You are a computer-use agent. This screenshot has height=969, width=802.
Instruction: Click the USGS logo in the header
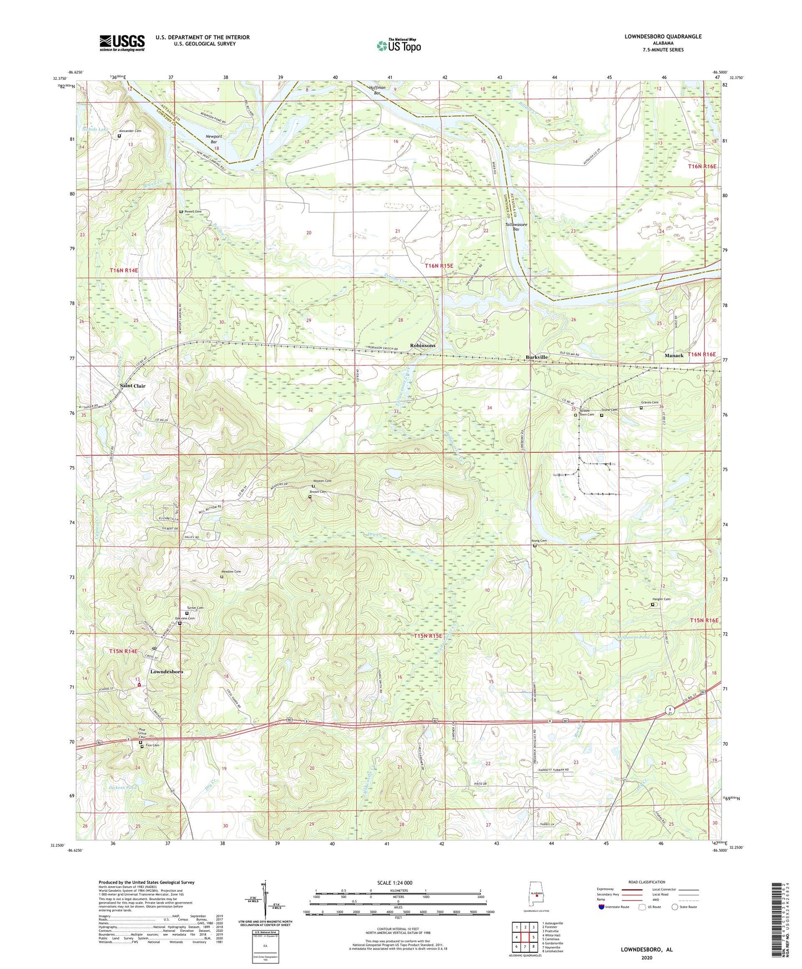(122, 43)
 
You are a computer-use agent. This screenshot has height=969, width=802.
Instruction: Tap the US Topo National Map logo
(399, 46)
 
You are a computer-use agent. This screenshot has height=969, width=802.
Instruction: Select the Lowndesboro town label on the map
(167, 672)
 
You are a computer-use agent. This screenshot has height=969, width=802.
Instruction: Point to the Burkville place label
(537, 357)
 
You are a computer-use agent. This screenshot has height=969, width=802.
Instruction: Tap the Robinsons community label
(422, 345)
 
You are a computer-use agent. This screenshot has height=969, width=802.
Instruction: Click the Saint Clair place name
(133, 386)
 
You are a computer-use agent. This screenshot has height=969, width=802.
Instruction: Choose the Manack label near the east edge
(674, 355)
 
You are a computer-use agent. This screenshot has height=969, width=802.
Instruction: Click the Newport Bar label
(214, 139)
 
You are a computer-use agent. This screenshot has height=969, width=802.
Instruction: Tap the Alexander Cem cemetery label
(131, 131)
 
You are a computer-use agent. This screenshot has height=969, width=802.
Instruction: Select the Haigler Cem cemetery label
(661, 599)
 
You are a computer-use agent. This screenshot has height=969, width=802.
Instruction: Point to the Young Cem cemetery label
(539, 541)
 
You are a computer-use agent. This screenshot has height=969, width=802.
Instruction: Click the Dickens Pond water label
(120, 787)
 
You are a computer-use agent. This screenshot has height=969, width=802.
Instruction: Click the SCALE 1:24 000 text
(395, 883)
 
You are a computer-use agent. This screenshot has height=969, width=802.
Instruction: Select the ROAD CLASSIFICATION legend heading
(647, 882)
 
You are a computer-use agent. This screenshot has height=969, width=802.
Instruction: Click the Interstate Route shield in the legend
(601, 907)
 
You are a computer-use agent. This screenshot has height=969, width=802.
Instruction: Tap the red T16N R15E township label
(439, 266)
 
